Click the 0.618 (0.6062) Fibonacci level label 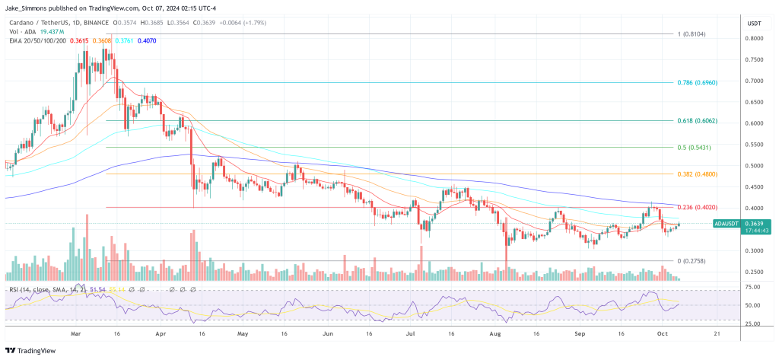coord(696,121)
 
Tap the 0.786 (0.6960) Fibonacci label coord(696,81)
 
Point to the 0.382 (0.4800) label coord(696,174)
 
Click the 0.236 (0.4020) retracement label coord(696,208)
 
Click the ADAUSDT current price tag coord(727,224)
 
